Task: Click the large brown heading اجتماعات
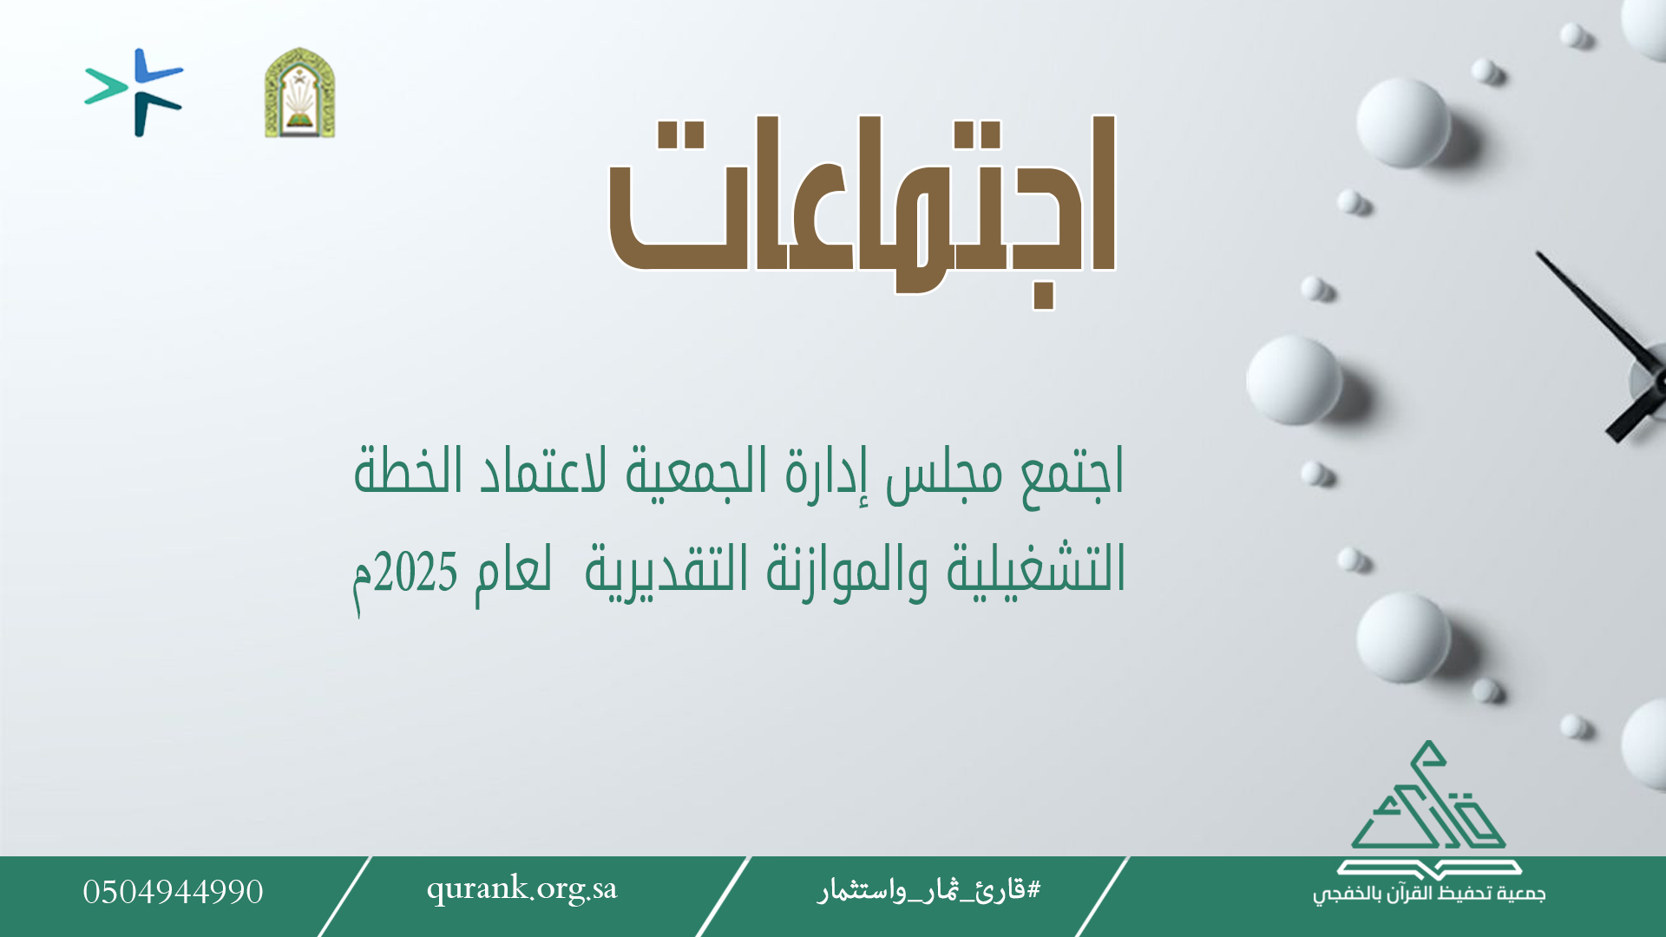click(x=862, y=208)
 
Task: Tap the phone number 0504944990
click(x=173, y=892)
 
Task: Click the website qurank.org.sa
click(x=521, y=889)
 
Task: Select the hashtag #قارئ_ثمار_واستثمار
click(x=928, y=890)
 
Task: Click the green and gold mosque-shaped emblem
click(x=300, y=93)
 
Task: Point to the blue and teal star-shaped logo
click(x=134, y=92)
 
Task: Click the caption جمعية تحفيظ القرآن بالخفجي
click(x=1429, y=894)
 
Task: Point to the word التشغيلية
click(x=1035, y=571)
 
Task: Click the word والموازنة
click(x=847, y=571)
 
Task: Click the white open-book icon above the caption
click(x=1429, y=868)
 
